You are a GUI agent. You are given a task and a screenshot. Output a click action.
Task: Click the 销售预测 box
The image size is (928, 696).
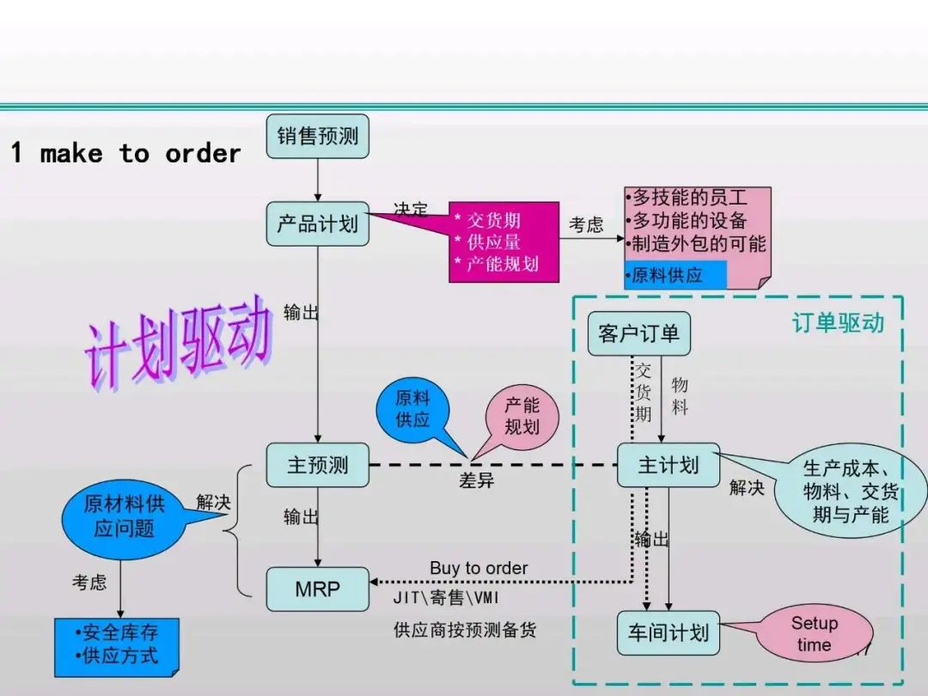point(317,136)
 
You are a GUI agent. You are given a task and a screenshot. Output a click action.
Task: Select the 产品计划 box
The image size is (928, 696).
point(317,223)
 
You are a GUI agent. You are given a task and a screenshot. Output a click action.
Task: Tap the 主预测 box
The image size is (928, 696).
point(317,465)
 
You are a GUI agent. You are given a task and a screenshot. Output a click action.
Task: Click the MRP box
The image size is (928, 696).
point(317,589)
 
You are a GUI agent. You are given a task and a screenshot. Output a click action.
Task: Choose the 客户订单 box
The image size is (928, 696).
point(638,333)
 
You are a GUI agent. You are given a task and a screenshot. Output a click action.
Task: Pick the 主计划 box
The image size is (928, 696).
point(668,465)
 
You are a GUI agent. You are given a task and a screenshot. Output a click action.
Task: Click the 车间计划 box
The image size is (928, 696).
point(668,633)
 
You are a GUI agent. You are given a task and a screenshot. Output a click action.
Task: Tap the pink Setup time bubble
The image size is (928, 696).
point(813,634)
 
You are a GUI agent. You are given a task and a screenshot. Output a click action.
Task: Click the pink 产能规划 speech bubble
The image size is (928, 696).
point(522,415)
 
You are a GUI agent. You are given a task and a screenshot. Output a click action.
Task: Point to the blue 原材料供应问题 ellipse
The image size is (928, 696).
point(124,516)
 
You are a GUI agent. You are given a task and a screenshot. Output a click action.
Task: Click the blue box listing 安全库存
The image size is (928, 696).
point(116,644)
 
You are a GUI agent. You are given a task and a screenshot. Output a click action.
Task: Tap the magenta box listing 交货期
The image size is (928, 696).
point(504,242)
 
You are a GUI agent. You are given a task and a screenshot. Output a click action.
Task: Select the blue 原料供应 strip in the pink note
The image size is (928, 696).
point(675,275)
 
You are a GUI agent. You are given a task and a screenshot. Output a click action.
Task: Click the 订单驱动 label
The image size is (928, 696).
point(837,322)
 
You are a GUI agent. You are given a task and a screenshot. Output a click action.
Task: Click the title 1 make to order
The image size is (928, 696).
point(125,154)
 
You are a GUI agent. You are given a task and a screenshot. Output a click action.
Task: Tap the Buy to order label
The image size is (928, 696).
point(479,568)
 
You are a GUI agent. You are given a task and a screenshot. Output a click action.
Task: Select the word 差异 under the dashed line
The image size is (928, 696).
point(476,480)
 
